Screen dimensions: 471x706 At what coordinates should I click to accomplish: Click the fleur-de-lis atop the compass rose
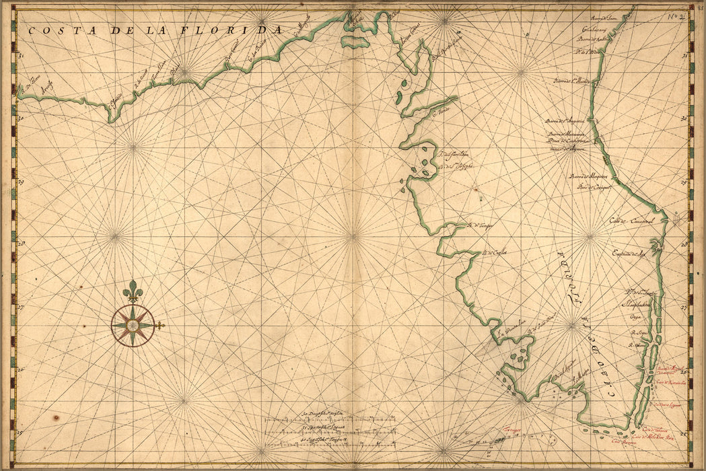point(133,291)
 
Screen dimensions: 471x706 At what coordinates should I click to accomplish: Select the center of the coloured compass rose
point(133,326)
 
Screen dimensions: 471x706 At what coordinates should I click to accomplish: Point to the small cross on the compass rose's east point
point(160,326)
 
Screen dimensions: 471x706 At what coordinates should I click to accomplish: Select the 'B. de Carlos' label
point(493,253)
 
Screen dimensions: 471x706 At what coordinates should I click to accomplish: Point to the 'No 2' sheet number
point(676,16)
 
